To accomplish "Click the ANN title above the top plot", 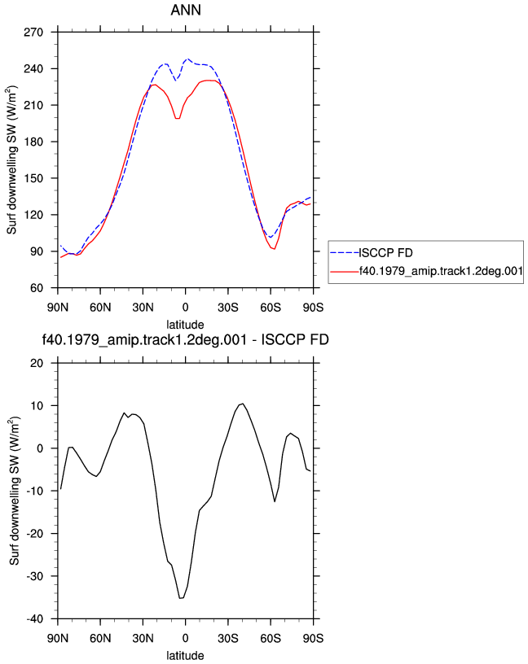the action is pos(186,10).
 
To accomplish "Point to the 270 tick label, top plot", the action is pos(33,33).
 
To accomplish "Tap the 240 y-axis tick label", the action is pos(33,68).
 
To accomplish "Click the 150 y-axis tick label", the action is pos(33,178).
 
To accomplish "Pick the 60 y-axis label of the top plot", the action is pos(37,288).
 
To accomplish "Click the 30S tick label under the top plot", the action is pos(228,307).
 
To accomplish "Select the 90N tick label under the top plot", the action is pos(58,307).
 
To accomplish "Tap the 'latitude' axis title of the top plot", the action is pos(185,325).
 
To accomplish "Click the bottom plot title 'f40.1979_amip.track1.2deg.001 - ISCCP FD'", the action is pos(185,339).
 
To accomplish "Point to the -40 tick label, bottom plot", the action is pos(35,619).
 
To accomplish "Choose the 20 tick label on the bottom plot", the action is pos(37,364).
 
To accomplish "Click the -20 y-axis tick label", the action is pos(35,534).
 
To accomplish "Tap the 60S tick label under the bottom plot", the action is pos(271,638).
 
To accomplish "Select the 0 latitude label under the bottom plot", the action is pos(185,638).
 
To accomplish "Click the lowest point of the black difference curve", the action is pos(180,598).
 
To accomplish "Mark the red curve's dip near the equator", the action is pos(178,118).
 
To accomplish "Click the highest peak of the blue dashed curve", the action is pos(187,59).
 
